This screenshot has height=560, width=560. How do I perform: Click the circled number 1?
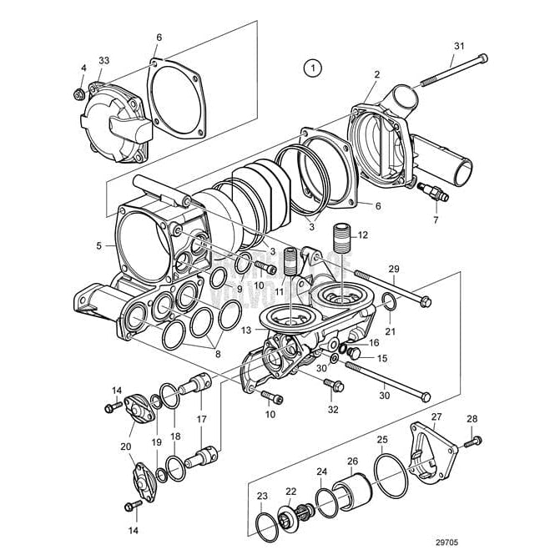coord(312,68)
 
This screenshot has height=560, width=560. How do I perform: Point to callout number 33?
coord(103,60)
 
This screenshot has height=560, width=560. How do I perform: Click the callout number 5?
coord(99,246)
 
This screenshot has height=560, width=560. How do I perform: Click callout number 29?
coord(394,267)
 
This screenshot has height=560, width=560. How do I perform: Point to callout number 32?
coord(333,409)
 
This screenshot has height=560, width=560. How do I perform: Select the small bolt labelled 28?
coord(474,440)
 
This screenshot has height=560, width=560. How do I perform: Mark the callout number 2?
coord(376,75)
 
